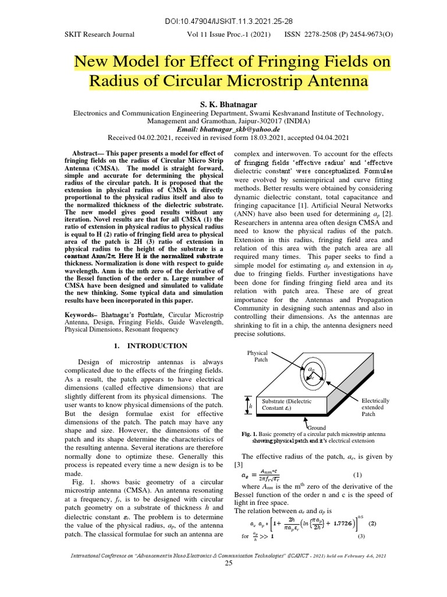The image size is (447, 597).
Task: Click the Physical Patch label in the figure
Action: coord(257,356)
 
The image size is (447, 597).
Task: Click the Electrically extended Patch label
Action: coord(375,408)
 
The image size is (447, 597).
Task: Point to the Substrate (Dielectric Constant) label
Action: coord(287,405)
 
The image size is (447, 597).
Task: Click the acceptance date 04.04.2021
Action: coord(330,138)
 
